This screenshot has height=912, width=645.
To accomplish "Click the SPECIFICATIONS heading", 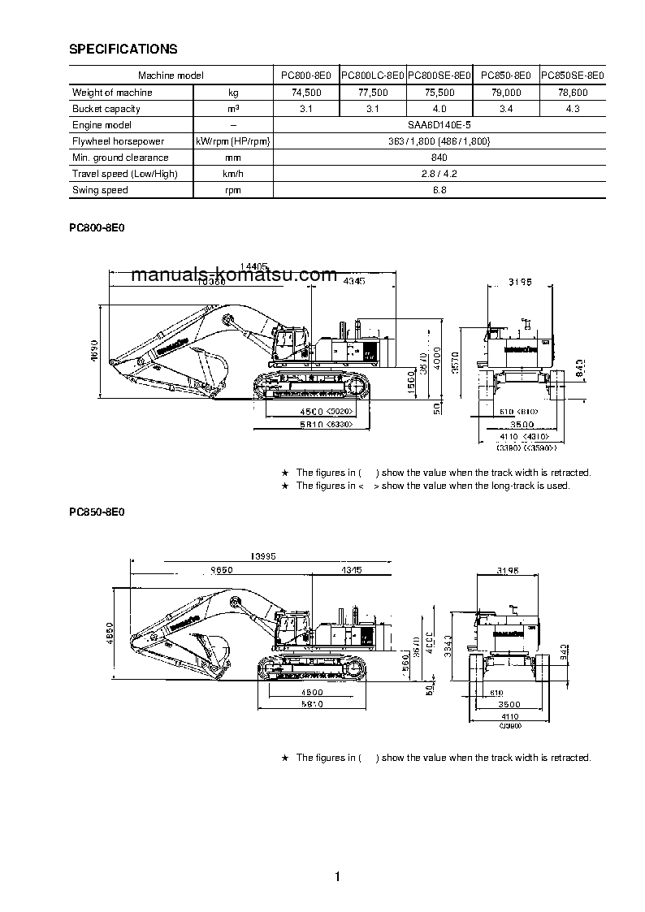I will tap(123, 50).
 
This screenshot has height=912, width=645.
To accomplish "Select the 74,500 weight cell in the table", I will tap(306, 93).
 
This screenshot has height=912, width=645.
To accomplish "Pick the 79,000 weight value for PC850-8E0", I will tap(506, 93).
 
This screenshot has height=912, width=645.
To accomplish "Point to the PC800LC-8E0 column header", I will tap(373, 76).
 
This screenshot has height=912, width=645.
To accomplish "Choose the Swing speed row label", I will tap(100, 190).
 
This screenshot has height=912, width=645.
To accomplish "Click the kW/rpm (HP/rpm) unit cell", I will tap(233, 141).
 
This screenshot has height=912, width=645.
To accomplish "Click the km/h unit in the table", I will tap(233, 174).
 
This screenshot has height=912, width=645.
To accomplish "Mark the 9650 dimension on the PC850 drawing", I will tap(221, 570).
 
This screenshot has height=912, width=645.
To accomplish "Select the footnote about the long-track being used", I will tap(432, 486).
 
